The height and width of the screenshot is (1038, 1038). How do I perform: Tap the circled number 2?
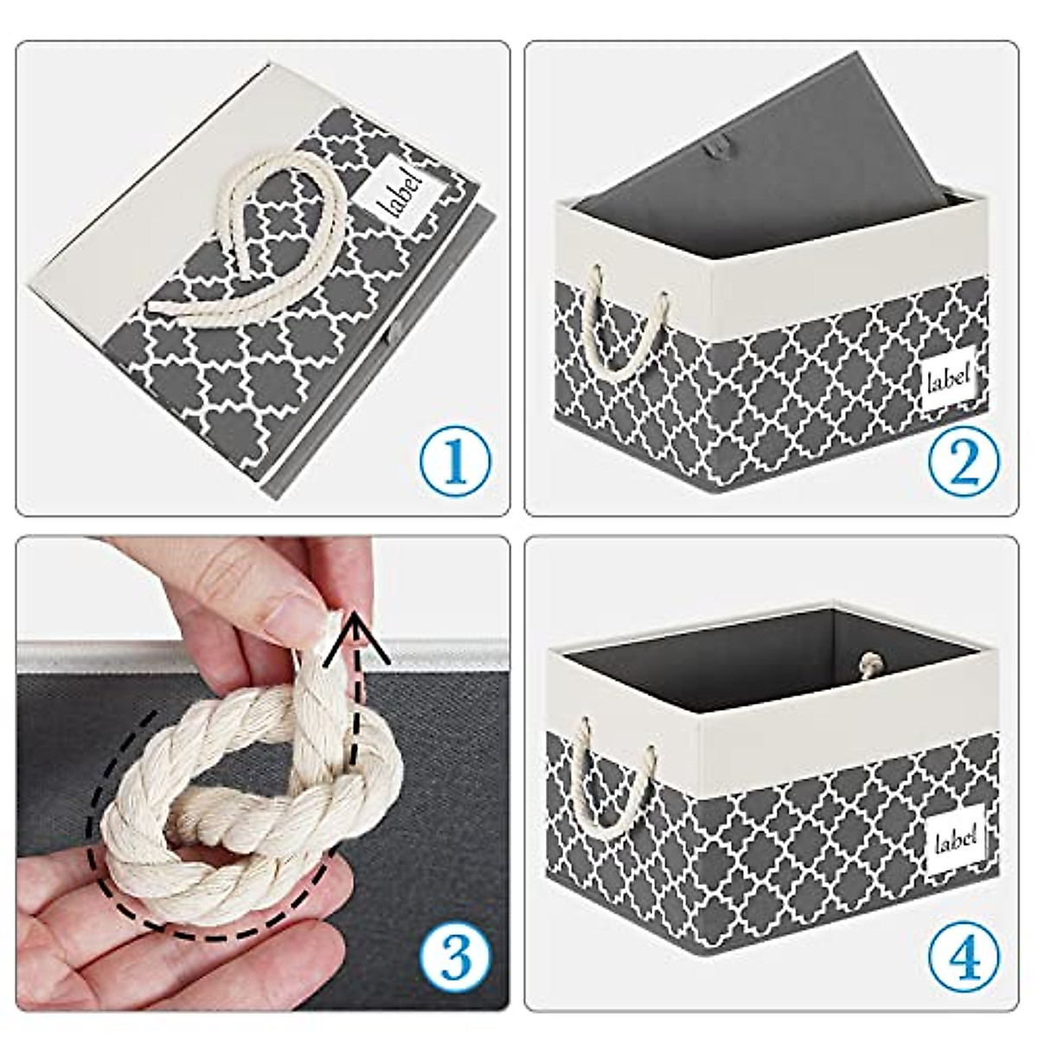pyautogui.click(x=964, y=461)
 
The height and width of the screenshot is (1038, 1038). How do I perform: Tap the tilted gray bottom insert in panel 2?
pyautogui.click(x=778, y=130)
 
